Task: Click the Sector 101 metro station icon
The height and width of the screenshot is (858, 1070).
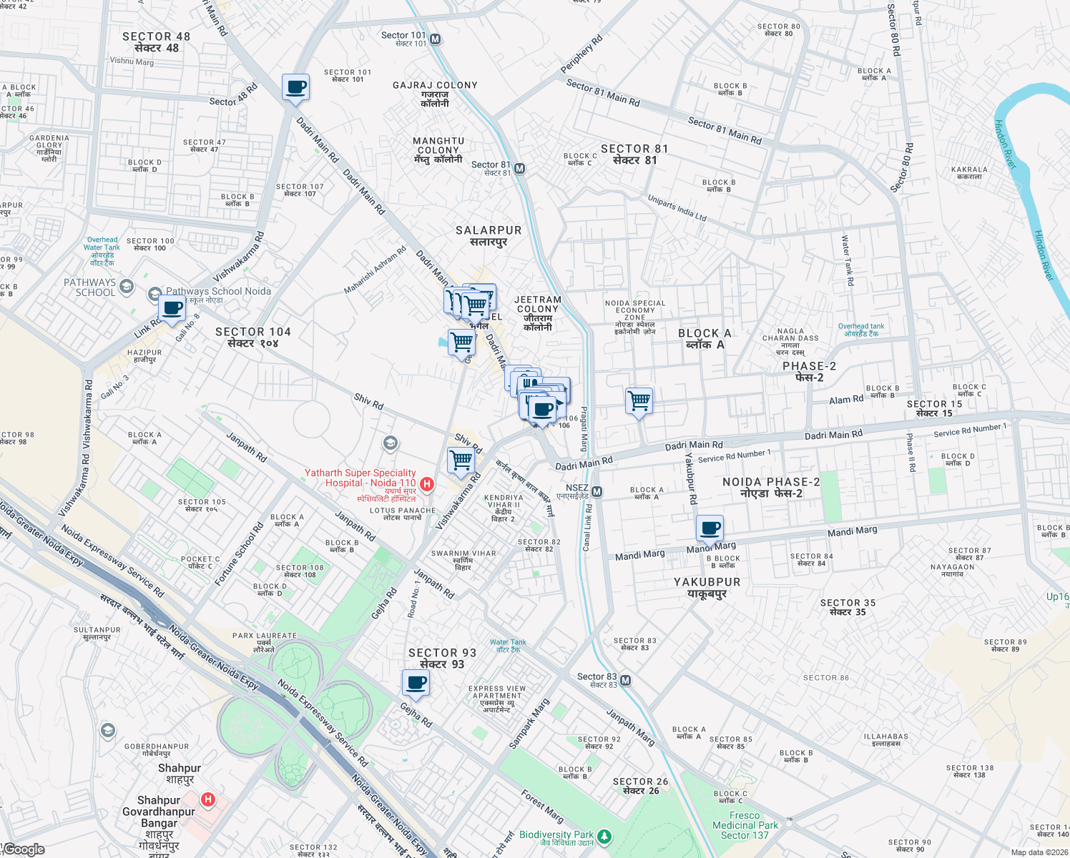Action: tap(436, 39)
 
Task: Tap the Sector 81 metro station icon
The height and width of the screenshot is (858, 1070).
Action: tap(520, 169)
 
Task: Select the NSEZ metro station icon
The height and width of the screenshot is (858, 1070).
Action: tap(597, 492)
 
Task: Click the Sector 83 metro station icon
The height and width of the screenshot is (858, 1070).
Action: tap(626, 680)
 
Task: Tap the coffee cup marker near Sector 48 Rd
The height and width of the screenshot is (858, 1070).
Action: tap(295, 88)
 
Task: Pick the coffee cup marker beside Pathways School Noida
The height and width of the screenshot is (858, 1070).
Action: tap(172, 309)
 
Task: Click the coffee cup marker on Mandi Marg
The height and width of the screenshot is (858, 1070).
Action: tap(710, 528)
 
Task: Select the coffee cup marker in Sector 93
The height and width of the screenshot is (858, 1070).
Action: tap(416, 683)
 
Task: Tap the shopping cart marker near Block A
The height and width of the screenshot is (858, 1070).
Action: tap(639, 401)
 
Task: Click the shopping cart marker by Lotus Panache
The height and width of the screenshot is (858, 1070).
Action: tap(461, 460)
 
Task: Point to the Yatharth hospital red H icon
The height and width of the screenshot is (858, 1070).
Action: tap(427, 484)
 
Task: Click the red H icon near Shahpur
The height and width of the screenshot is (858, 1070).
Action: tap(208, 799)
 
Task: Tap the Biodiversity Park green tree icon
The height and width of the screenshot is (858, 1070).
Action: tap(604, 836)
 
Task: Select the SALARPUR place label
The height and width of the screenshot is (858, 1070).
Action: tap(489, 235)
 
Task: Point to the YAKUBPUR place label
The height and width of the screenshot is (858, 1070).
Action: tap(707, 587)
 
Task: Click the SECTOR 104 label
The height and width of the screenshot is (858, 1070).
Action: tap(253, 337)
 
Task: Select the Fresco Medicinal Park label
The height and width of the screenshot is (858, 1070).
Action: tap(745, 825)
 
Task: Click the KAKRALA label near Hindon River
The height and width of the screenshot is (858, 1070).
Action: tap(969, 172)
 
